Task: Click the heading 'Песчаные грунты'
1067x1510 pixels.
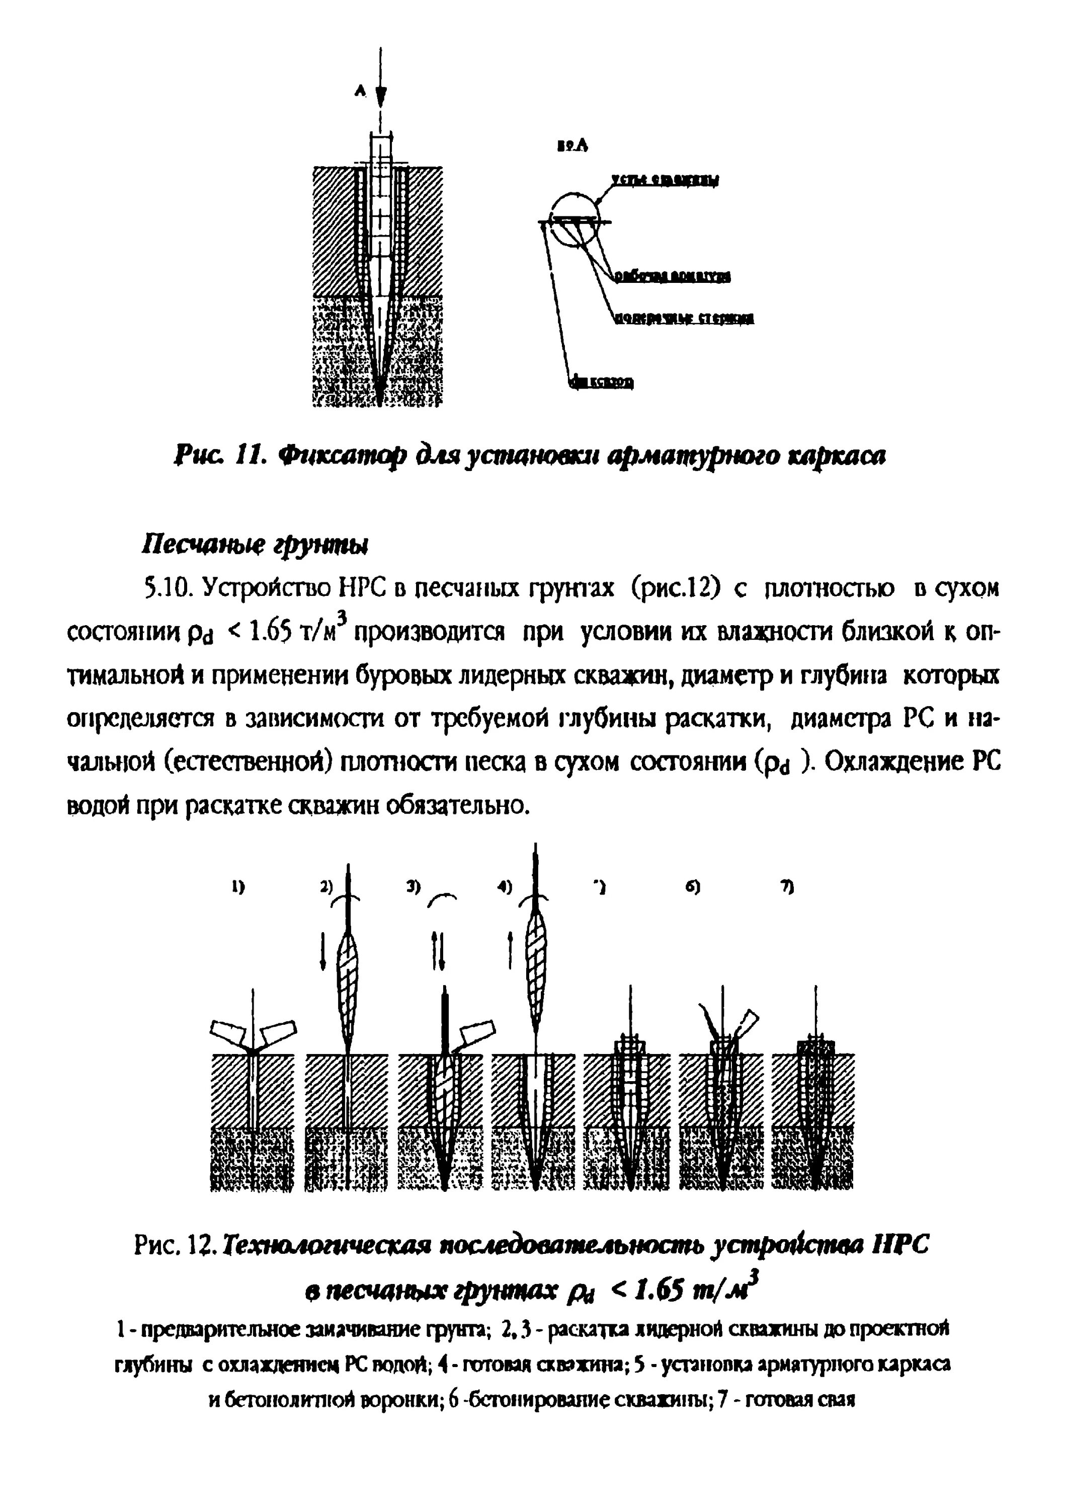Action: click(x=255, y=545)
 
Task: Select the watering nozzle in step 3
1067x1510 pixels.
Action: click(x=476, y=1033)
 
